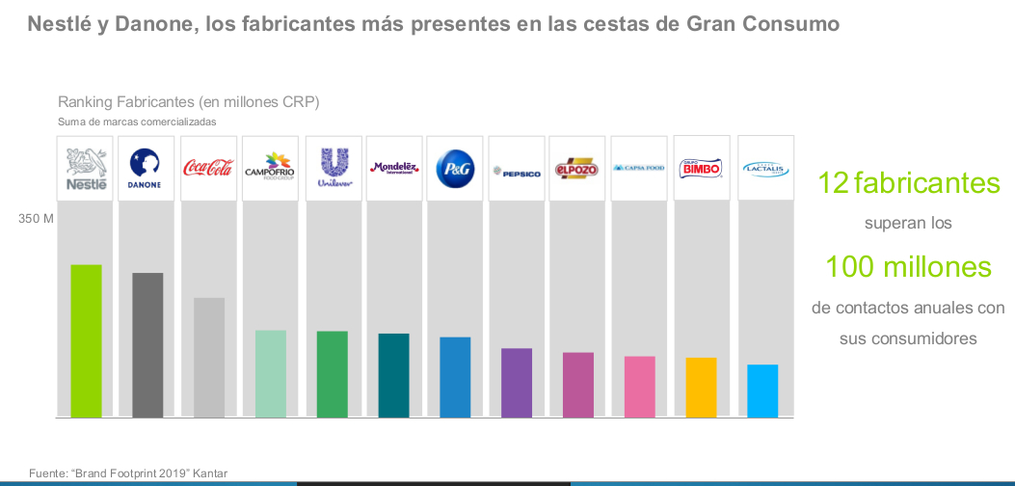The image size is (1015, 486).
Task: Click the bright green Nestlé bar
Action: [x=86, y=340]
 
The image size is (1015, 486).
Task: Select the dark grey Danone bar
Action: [x=147, y=344]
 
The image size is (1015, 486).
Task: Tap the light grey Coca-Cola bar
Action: [x=209, y=357]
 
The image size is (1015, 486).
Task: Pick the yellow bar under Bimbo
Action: [x=701, y=387]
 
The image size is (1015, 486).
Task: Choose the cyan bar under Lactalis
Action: [x=762, y=391]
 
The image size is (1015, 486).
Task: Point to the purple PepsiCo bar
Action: [x=517, y=382]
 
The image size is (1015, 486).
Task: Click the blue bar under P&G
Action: [x=455, y=377]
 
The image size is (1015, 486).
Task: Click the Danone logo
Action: [x=147, y=168]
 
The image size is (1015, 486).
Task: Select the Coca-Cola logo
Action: [x=208, y=168]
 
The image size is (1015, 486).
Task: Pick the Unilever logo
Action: [x=333, y=167]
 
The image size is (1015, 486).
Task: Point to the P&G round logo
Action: [x=455, y=168]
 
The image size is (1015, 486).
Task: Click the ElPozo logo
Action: [x=577, y=168]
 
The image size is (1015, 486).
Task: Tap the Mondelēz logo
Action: [x=394, y=168]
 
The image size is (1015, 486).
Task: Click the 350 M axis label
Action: [x=36, y=219]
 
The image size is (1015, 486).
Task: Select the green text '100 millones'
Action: [x=908, y=266]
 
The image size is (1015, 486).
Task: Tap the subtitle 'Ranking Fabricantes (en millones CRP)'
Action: [x=188, y=101]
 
